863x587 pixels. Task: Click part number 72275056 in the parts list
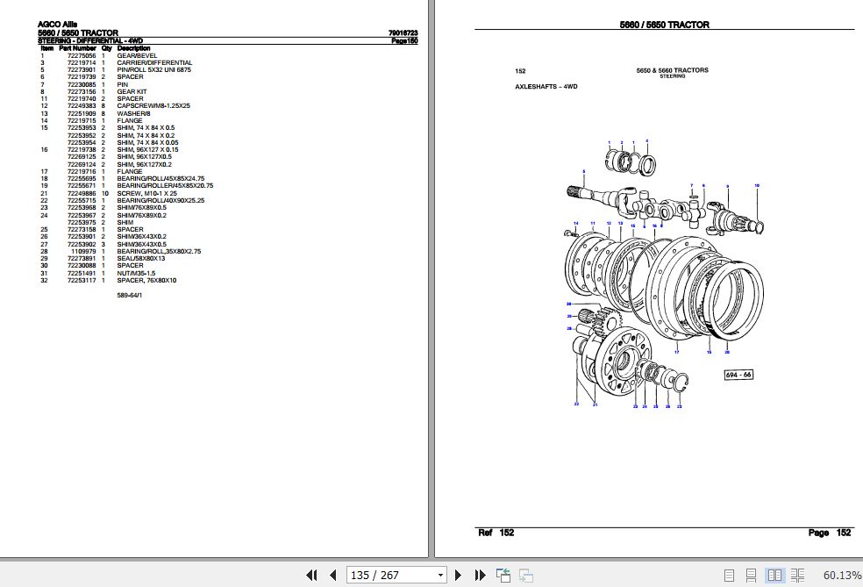pyautogui.click(x=81, y=55)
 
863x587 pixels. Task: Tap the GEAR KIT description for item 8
pyautogui.click(x=132, y=91)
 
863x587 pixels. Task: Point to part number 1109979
pyautogui.click(x=84, y=251)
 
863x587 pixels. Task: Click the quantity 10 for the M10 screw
pyautogui.click(x=103, y=193)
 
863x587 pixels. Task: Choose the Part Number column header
pyautogui.click(x=76, y=48)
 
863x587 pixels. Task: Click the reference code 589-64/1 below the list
pyautogui.click(x=132, y=295)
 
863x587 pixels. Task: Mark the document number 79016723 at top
pyautogui.click(x=403, y=33)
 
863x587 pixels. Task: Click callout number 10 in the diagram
pyautogui.click(x=757, y=185)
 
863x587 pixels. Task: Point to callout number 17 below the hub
pyautogui.click(x=676, y=352)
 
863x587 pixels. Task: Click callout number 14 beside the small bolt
pyautogui.click(x=568, y=225)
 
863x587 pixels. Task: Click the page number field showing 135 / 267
pyautogui.click(x=396, y=575)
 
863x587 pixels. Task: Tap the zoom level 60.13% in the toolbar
pyautogui.click(x=842, y=575)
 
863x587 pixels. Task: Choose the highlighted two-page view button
pyautogui.click(x=774, y=575)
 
